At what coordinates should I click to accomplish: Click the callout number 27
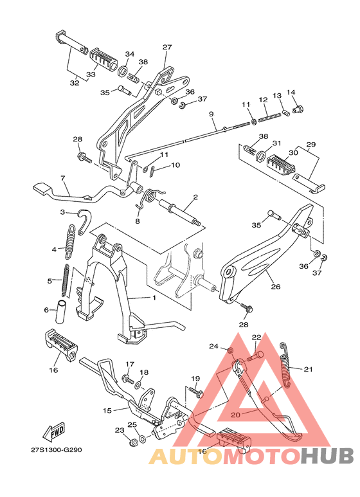[x=167, y=48]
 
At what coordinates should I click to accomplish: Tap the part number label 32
[x=75, y=83]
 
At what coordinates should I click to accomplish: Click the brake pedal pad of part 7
[x=40, y=188]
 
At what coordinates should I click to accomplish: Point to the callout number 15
[x=107, y=410]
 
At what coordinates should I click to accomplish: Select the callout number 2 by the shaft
[x=195, y=197]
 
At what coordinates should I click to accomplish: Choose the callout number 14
[x=291, y=93]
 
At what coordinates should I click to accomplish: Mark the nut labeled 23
[x=134, y=443]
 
